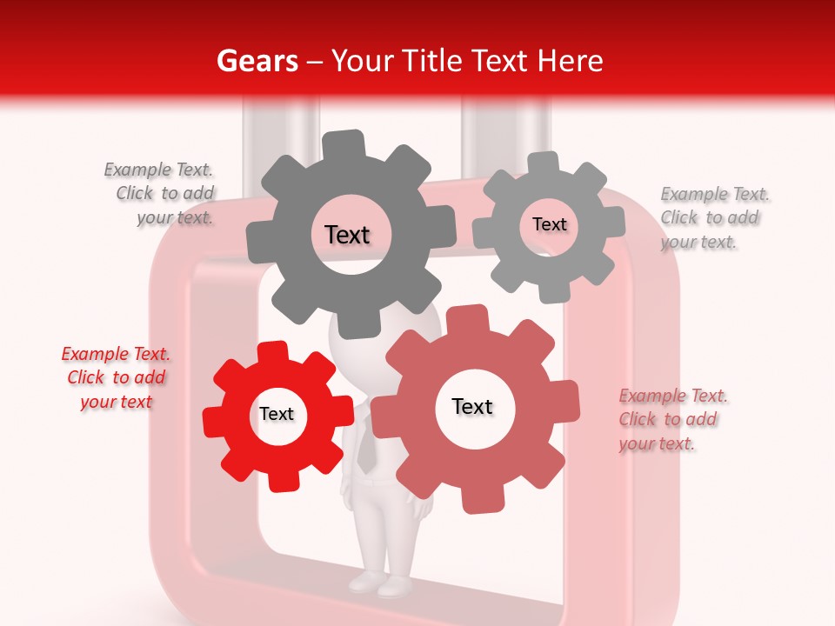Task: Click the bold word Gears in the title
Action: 257,61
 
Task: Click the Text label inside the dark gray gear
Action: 347,235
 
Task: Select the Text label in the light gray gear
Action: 549,224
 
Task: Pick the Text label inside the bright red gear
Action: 277,415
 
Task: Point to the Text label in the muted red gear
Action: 472,407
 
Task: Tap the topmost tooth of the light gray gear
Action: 544,162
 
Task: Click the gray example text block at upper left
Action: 161,194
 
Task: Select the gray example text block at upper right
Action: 712,218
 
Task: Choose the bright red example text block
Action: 116,378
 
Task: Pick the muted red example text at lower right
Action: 671,420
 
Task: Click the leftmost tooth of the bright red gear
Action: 212,422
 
